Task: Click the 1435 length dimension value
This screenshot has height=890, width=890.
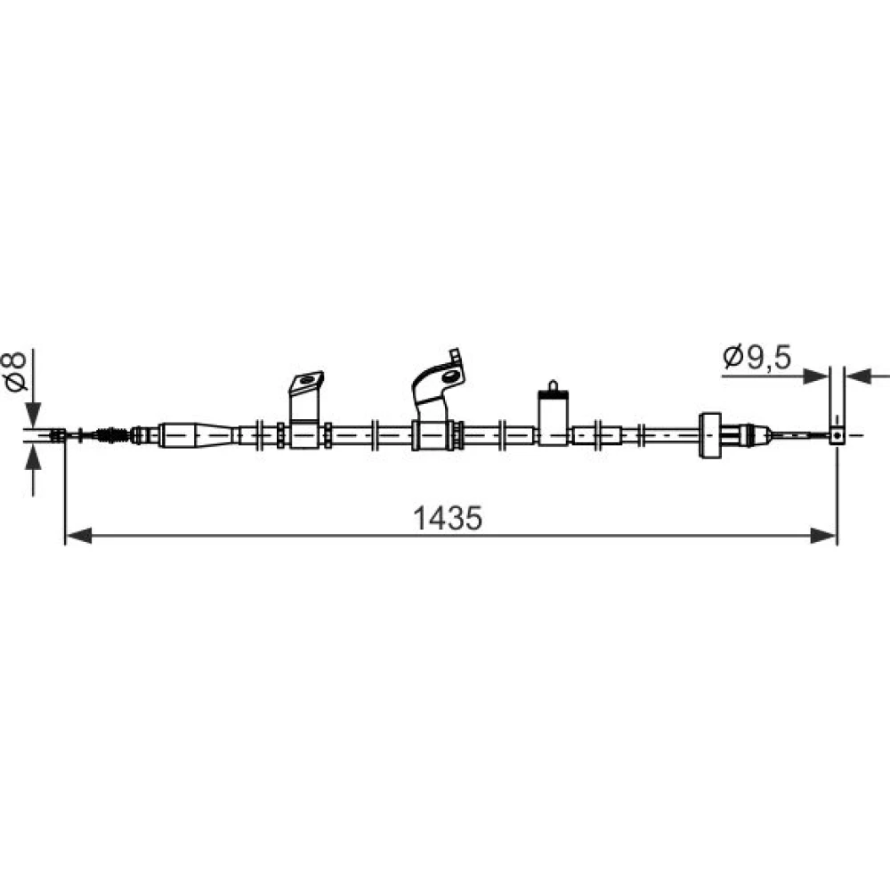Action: click(x=448, y=518)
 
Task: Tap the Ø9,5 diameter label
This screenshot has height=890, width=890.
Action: click(x=757, y=357)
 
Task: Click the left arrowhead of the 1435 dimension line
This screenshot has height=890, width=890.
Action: click(x=78, y=535)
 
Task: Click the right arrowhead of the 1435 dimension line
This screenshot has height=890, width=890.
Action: click(x=823, y=535)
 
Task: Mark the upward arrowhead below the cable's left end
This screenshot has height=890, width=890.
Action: click(x=34, y=457)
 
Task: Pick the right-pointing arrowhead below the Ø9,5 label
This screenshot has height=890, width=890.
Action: click(x=816, y=376)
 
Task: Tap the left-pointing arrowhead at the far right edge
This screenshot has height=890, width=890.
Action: click(x=858, y=376)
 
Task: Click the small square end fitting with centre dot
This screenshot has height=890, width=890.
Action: click(x=837, y=435)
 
